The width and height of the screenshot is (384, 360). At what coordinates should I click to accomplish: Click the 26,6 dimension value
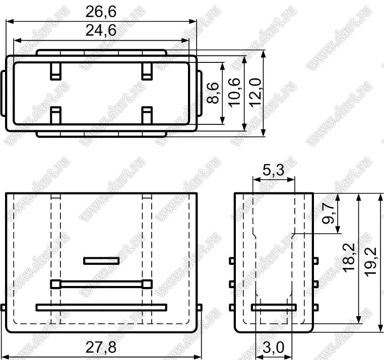coord(101,12)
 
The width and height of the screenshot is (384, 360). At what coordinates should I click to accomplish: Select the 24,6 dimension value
coord(101,31)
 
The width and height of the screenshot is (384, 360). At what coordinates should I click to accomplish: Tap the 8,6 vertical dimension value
coord(212,93)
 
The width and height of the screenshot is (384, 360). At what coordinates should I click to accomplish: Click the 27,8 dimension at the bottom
coord(101,347)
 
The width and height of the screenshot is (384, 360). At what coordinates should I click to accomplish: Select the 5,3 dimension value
coord(274,170)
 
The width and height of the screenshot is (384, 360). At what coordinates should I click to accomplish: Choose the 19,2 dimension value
coord(370,262)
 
